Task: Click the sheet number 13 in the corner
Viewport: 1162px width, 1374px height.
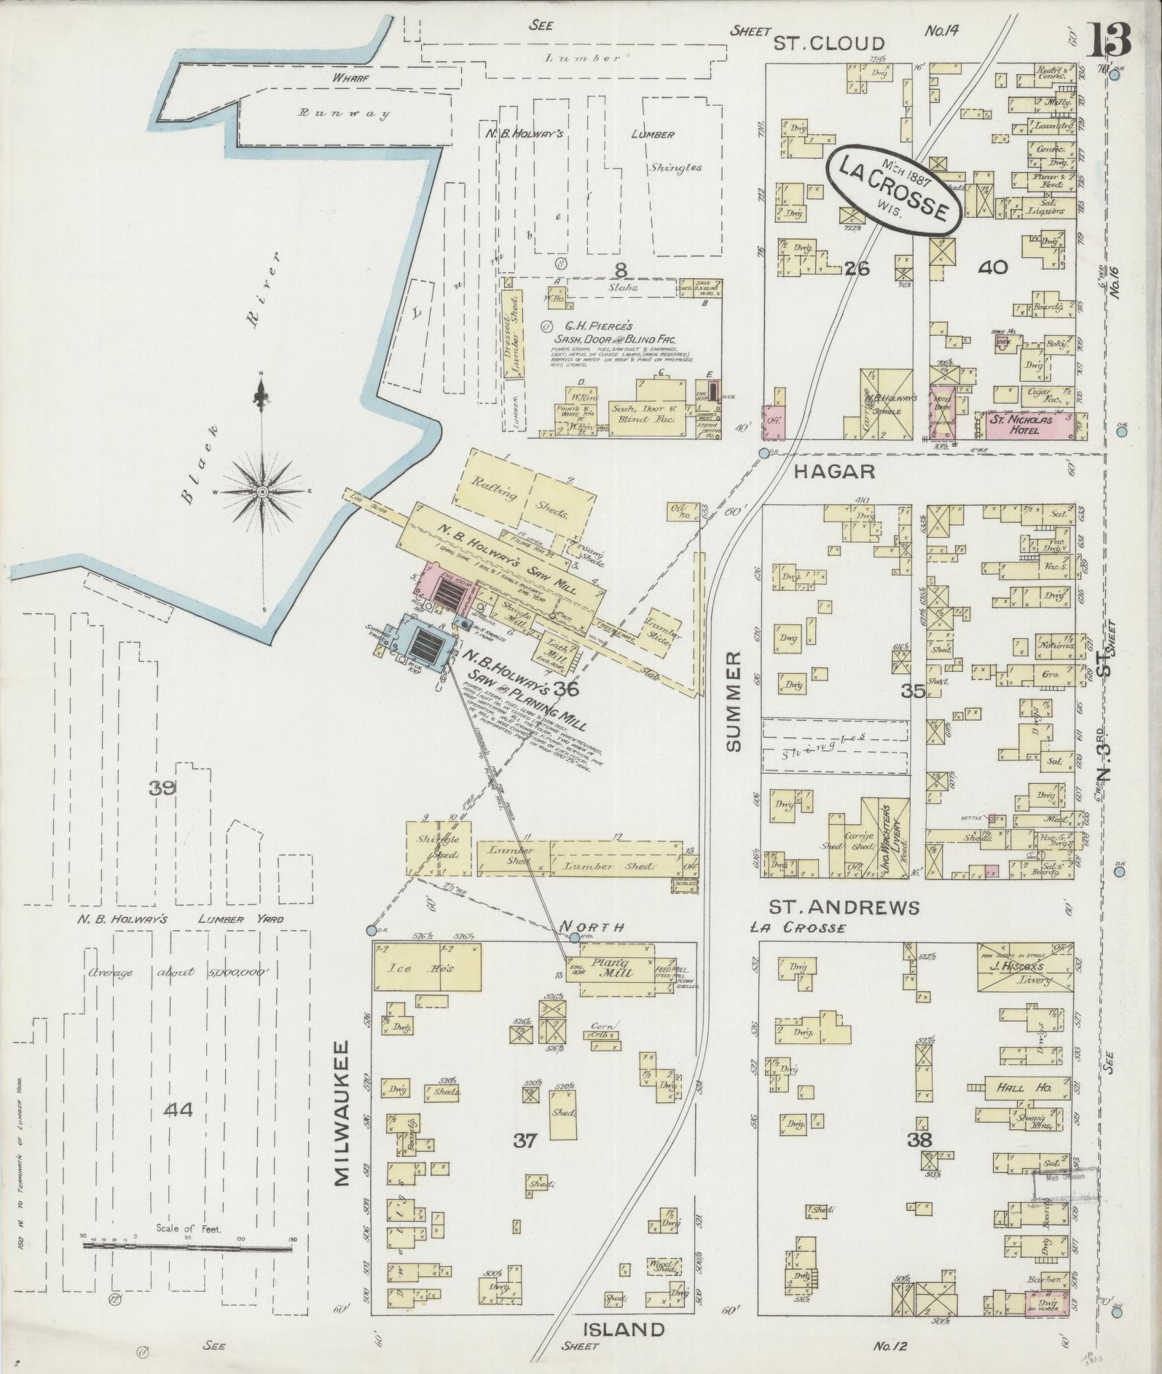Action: click(1110, 39)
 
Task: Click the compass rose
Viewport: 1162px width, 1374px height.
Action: click(262, 492)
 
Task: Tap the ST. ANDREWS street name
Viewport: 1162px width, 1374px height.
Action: click(844, 908)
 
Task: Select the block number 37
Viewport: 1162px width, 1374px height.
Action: click(525, 1141)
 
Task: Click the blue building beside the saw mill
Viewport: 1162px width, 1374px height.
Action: click(423, 645)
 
